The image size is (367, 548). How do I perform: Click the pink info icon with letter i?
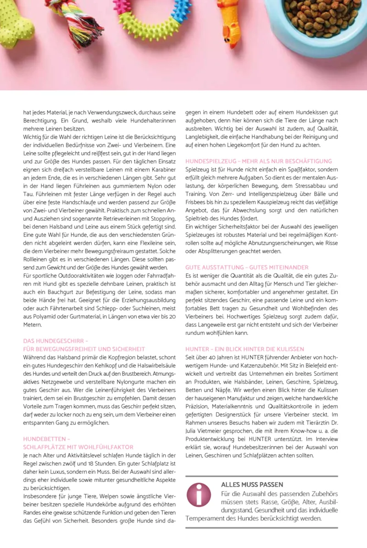click(x=199, y=495)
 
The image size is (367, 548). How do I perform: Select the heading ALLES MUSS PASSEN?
click(x=252, y=484)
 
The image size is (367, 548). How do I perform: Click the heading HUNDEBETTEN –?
click(x=46, y=438)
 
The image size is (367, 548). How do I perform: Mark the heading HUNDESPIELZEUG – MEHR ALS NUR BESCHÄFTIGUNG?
click(x=258, y=161)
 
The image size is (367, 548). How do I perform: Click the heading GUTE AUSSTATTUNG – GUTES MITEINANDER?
click(x=247, y=267)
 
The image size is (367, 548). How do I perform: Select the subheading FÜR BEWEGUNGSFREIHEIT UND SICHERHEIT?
click(x=84, y=349)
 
